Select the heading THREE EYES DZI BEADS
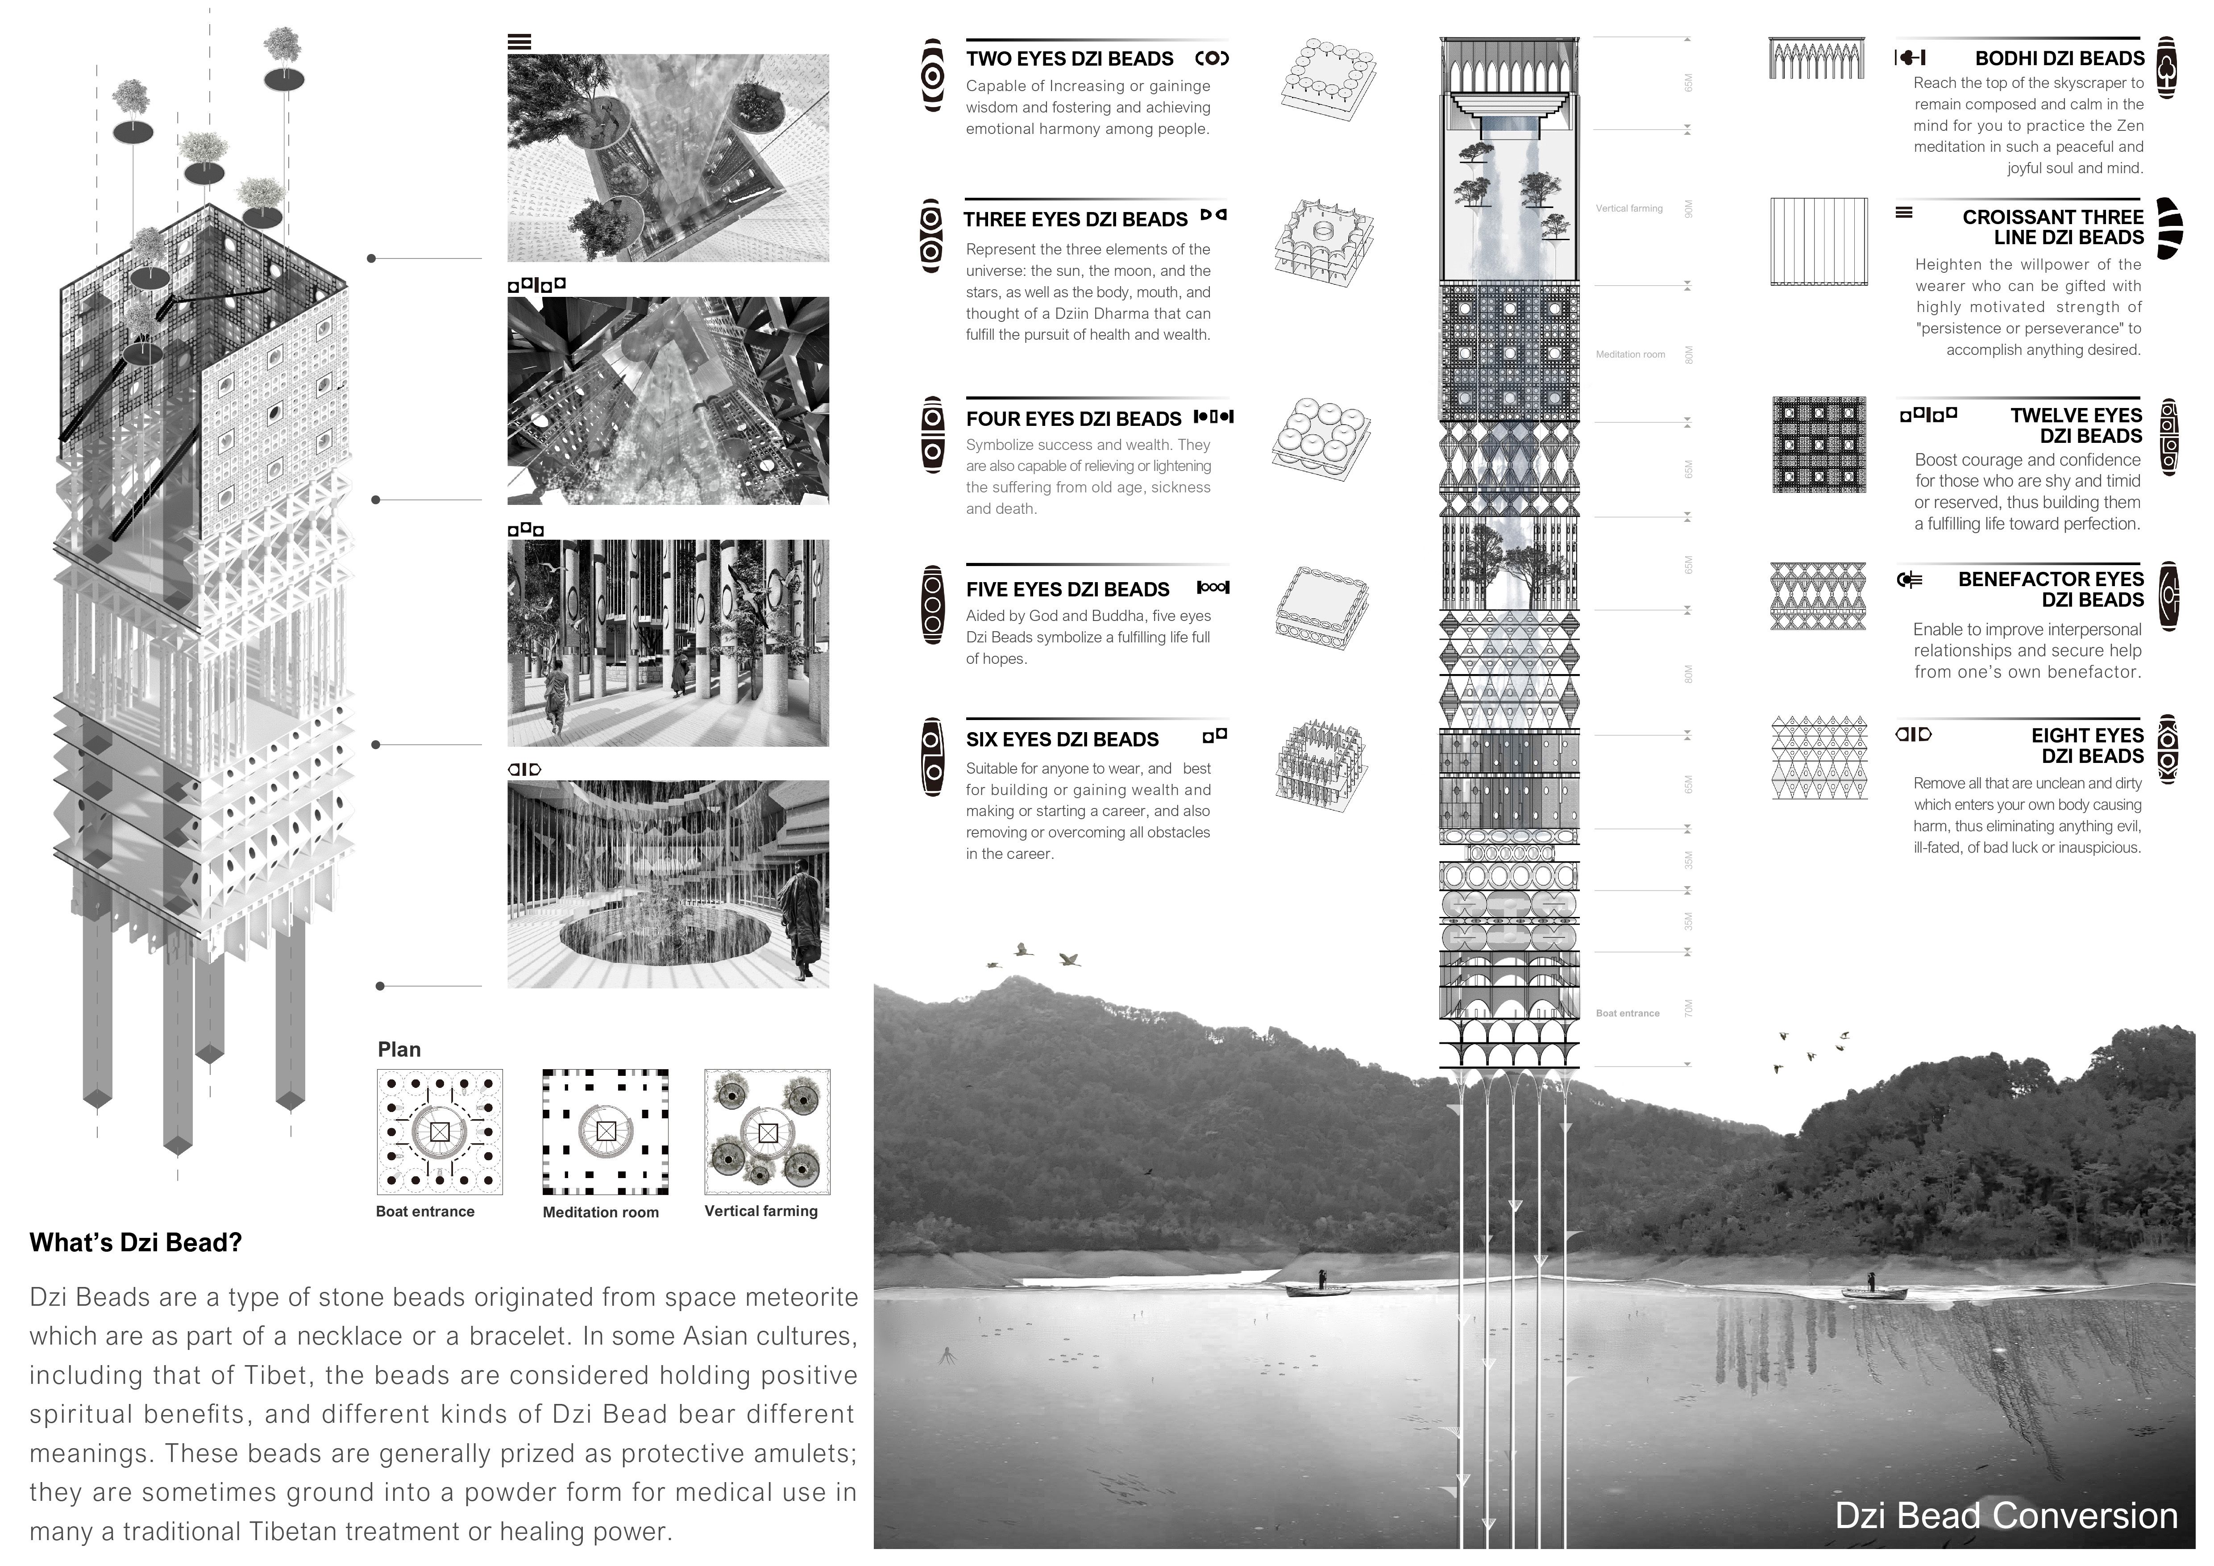(1075, 220)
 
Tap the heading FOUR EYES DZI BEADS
(1073, 418)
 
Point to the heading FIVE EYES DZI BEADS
(1068, 589)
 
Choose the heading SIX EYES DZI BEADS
(1062, 740)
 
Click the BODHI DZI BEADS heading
(2059, 59)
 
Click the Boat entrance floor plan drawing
(440, 1132)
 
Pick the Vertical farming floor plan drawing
(768, 1132)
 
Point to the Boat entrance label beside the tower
(1628, 1013)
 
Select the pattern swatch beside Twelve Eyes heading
(1819, 445)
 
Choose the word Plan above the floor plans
(399, 1049)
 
